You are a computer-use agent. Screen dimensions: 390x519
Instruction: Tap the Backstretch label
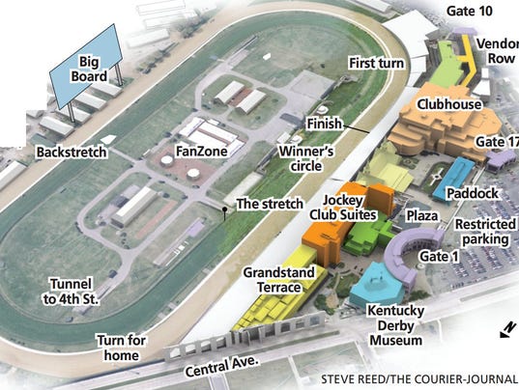[70, 153]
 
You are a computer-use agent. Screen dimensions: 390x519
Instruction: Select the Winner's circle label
[306, 161]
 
